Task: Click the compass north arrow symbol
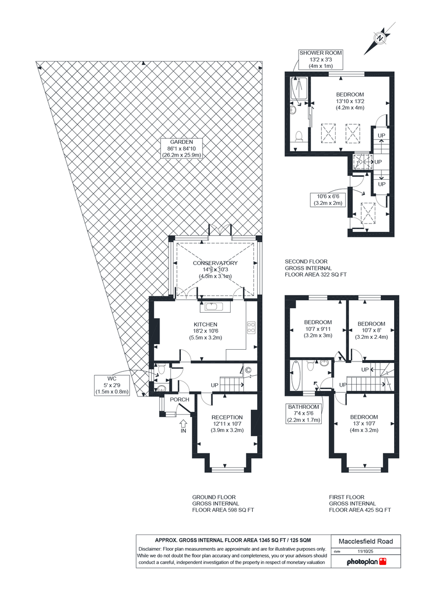click(379, 38)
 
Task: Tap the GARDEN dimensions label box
click(181, 148)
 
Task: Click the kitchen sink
click(215, 307)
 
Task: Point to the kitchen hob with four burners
click(251, 328)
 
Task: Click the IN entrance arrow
click(183, 426)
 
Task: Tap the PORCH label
click(179, 399)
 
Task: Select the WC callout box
click(112, 385)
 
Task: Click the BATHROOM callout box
click(304, 414)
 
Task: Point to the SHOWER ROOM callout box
click(321, 60)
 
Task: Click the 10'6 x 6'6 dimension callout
click(328, 200)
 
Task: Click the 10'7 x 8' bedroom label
click(371, 330)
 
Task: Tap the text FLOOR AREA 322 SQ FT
click(316, 274)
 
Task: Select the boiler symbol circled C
click(248, 370)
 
